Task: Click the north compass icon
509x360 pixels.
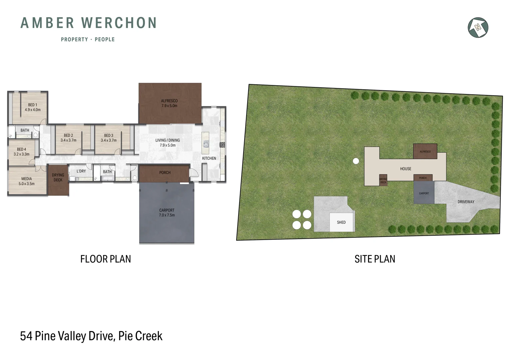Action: pyautogui.click(x=478, y=27)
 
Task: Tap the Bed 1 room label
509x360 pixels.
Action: pyautogui.click(x=33, y=107)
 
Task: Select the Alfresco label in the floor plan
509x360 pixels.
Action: pyautogui.click(x=169, y=103)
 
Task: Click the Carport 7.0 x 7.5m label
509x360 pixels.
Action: pyautogui.click(x=167, y=213)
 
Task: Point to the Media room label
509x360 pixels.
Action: pyautogui.click(x=27, y=181)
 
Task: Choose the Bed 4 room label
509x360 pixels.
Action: pyautogui.click(x=21, y=152)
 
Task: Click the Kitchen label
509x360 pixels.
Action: pyautogui.click(x=209, y=158)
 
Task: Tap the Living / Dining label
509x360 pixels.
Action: pyautogui.click(x=168, y=143)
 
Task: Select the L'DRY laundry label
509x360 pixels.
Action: pyautogui.click(x=81, y=171)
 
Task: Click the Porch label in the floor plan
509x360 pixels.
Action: pyautogui.click(x=165, y=173)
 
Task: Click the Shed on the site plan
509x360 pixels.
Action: pyautogui.click(x=341, y=222)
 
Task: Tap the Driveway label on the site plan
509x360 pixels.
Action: pyautogui.click(x=466, y=202)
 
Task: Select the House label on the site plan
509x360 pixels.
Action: pyautogui.click(x=405, y=169)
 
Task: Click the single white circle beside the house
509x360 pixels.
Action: pyautogui.click(x=356, y=161)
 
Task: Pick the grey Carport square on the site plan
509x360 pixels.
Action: pyautogui.click(x=424, y=193)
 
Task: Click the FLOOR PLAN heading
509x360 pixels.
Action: pyautogui.click(x=106, y=259)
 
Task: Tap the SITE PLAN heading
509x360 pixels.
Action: pyautogui.click(x=375, y=259)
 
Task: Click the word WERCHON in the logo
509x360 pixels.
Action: pyautogui.click(x=119, y=23)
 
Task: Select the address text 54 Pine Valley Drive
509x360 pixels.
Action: pyautogui.click(x=67, y=336)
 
